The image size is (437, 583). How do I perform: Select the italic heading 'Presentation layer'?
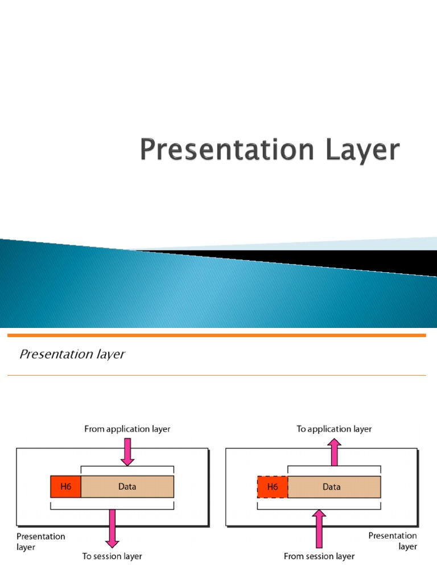coord(72,354)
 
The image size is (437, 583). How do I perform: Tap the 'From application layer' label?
coord(127,429)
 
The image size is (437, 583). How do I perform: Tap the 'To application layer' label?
coord(334,429)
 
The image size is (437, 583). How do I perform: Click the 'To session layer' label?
coord(112,556)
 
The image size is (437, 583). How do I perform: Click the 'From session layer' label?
coord(319,556)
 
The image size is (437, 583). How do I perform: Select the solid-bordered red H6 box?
coord(66,487)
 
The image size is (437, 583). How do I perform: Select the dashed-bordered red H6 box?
coord(273,487)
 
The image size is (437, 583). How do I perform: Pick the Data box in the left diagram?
coord(127,487)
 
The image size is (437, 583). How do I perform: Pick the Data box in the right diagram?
coord(334,487)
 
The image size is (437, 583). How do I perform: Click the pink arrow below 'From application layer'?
coord(127,451)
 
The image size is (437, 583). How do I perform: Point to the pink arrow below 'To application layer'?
coord(335,451)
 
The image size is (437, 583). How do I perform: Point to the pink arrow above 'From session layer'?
coord(319,529)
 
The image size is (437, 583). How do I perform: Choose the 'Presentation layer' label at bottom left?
coord(41,541)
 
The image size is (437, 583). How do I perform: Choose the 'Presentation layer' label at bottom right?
coord(393,541)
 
